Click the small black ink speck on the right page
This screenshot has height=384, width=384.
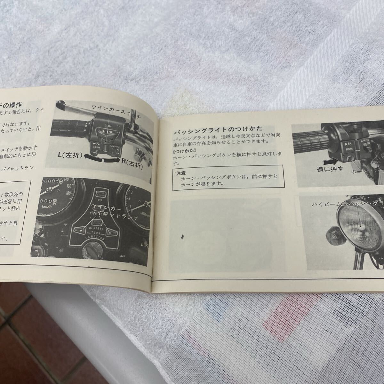click(x=182, y=237)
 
